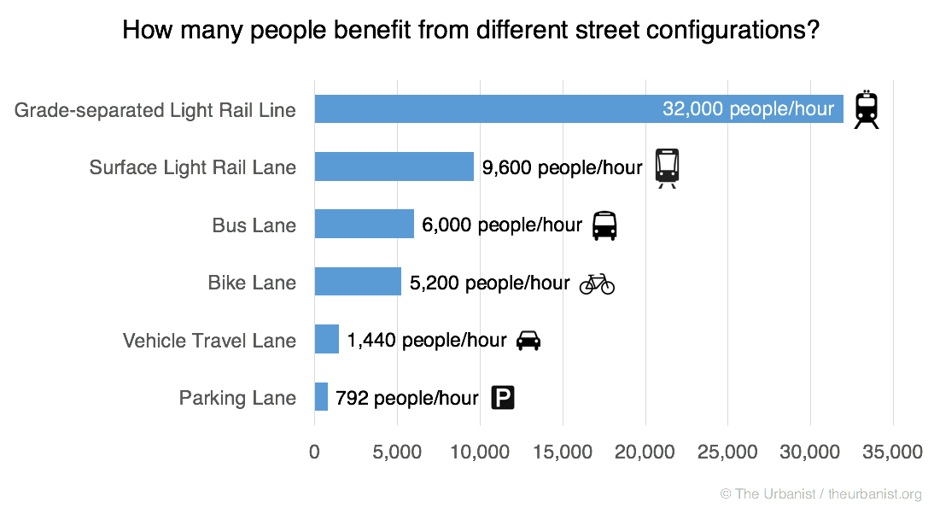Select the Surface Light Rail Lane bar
tap(394, 166)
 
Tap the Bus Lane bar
tap(364, 225)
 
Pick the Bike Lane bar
tap(358, 282)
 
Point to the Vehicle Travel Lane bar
tap(327, 340)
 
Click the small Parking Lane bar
tap(321, 397)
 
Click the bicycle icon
tap(597, 283)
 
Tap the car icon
tap(528, 340)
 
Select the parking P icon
tap(503, 398)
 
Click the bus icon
tap(604, 225)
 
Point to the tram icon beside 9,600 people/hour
tap(668, 167)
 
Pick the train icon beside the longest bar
tap(867, 109)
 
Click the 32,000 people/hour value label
tap(748, 109)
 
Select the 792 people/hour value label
tap(406, 398)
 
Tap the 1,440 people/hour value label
tap(427, 340)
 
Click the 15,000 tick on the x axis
tap(563, 451)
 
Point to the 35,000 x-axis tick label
tap(892, 451)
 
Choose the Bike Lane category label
tap(252, 283)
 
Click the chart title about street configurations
tap(470, 31)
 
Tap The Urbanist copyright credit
tap(820, 494)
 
